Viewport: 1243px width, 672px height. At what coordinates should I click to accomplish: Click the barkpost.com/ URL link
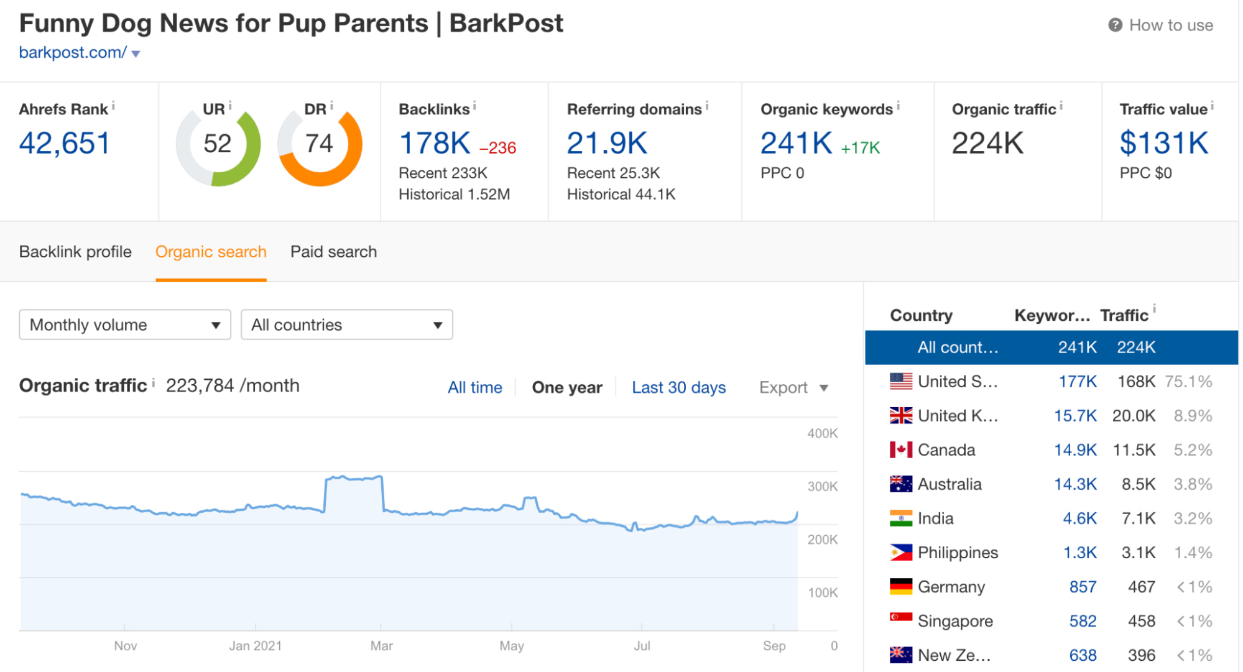[x=73, y=53]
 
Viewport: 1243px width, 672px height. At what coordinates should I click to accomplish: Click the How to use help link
[x=1170, y=25]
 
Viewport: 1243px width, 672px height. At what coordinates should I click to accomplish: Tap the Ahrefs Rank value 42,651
[x=65, y=144]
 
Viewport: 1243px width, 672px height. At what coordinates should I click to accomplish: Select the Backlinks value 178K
[x=435, y=144]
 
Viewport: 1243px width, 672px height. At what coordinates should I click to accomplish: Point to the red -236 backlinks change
[x=497, y=148]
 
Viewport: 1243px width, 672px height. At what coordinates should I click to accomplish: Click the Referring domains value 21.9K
[x=607, y=144]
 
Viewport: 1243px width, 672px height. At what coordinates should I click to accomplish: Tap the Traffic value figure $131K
[x=1163, y=144]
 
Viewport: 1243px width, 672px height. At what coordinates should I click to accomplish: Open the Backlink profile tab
[x=75, y=252]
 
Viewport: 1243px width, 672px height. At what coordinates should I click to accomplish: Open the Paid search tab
[x=333, y=252]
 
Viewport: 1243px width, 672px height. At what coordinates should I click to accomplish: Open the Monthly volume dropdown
[x=125, y=325]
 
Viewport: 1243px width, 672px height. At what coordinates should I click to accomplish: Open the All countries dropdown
[x=346, y=325]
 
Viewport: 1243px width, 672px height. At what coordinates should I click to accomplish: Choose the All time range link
[x=474, y=388]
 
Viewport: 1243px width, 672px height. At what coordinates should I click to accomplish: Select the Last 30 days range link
[x=678, y=388]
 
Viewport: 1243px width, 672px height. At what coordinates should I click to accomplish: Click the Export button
[x=793, y=388]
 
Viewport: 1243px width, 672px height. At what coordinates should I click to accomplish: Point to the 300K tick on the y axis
[x=822, y=487]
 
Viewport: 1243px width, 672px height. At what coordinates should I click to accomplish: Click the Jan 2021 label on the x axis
[x=255, y=646]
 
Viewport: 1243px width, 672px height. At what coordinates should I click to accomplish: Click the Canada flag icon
[x=900, y=450]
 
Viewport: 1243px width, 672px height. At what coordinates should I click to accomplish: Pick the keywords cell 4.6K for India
[x=1079, y=518]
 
